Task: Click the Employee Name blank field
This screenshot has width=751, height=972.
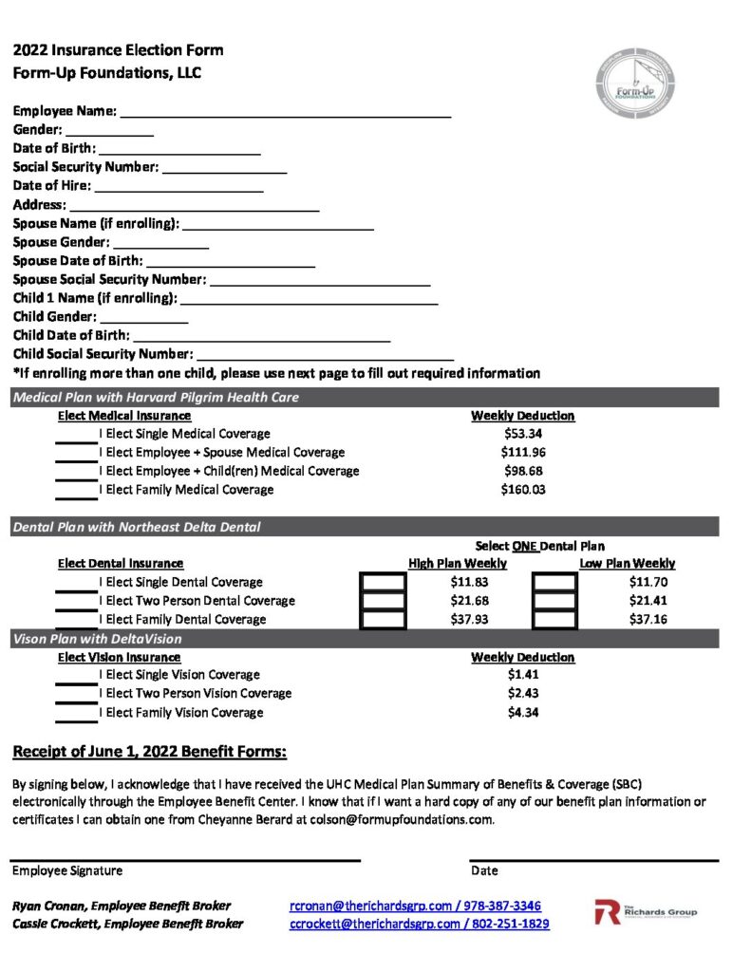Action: click(x=284, y=113)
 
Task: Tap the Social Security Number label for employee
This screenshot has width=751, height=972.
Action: click(x=85, y=167)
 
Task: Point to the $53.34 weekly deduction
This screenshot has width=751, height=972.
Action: click(x=522, y=434)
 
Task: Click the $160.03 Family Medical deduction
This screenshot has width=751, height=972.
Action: click(x=522, y=490)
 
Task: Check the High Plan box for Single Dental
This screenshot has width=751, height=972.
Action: click(x=384, y=582)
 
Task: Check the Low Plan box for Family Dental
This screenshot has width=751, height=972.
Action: click(x=554, y=619)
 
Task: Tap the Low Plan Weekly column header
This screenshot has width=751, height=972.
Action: click(x=627, y=564)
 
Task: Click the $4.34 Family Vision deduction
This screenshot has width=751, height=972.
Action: click(x=522, y=712)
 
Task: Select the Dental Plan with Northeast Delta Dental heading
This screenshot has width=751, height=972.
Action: click(x=137, y=527)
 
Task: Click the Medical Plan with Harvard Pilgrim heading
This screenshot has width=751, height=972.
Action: click(x=156, y=398)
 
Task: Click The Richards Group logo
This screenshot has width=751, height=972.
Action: click(x=645, y=913)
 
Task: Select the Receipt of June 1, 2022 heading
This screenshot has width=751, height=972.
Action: click(x=149, y=753)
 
